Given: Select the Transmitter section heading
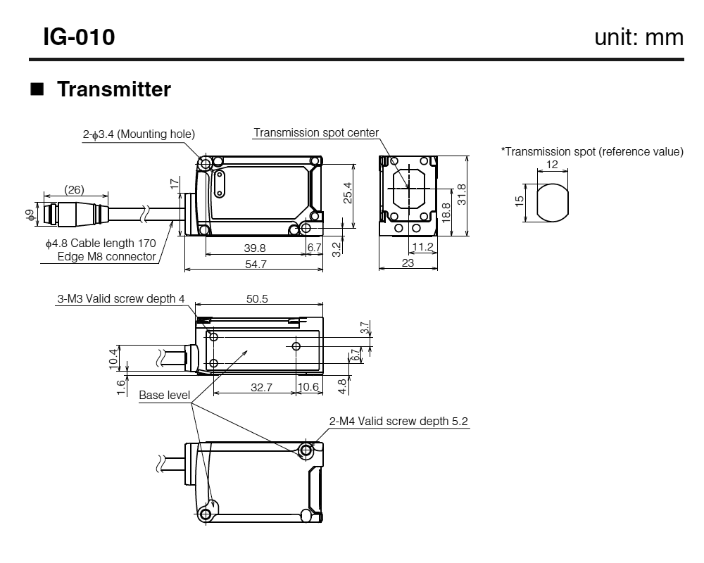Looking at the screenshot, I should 113,90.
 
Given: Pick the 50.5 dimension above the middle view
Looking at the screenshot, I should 257,298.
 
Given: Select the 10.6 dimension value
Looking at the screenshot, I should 308,386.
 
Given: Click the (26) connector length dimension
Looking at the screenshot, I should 75,189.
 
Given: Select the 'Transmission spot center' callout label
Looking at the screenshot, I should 316,132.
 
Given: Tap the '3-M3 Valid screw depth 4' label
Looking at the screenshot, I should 121,298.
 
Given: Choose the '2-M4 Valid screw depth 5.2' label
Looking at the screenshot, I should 398,421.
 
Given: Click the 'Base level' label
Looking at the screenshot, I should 164,396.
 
